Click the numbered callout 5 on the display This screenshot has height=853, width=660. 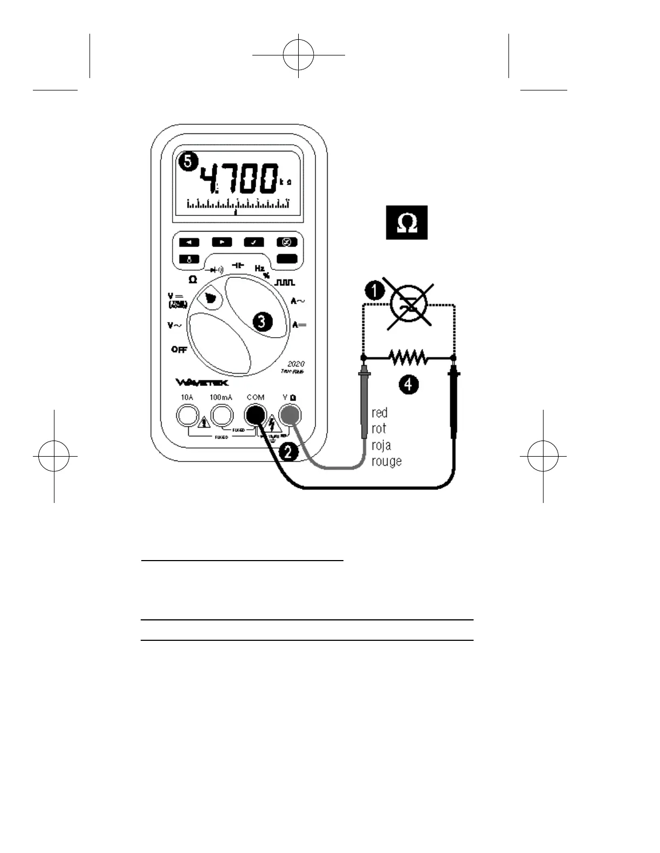pos(187,162)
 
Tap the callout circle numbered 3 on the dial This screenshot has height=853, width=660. pos(263,322)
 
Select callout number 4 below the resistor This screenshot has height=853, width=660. pos(409,384)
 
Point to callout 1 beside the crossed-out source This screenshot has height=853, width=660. pos(374,291)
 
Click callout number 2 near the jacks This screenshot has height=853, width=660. pos(288,451)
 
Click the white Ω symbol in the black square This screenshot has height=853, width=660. pos(407,222)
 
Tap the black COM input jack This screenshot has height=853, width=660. pos(255,415)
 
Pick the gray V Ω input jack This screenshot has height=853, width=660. pos(290,415)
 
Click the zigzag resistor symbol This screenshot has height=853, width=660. pos(408,357)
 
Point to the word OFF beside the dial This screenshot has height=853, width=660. pos(179,349)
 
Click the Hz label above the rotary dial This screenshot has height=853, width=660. pos(260,268)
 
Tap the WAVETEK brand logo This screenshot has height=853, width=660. pos(202,383)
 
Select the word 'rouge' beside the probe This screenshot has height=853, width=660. pos(386,462)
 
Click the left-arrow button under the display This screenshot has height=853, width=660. pos(189,242)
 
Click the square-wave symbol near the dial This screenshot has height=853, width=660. pos(285,282)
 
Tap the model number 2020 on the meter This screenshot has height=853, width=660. pos(295,364)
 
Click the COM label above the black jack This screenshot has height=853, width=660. pos(256,397)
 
